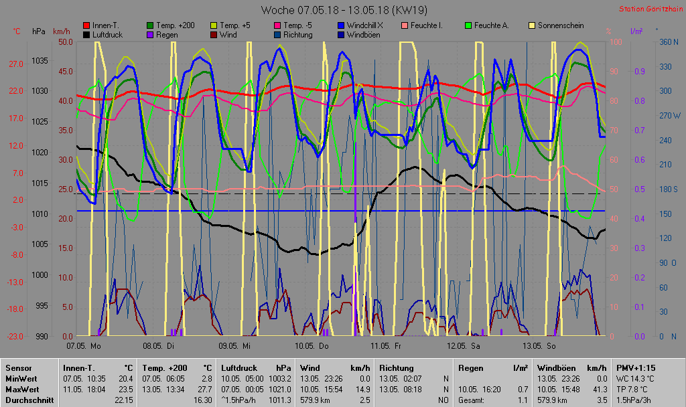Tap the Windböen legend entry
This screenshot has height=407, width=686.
tap(364, 35)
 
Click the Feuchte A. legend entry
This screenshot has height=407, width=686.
tap(491, 25)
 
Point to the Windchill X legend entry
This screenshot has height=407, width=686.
tap(365, 25)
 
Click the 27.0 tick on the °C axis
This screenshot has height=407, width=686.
tap(16, 64)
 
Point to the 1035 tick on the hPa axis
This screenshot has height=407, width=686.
tap(40, 61)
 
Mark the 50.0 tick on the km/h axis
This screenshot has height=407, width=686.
tap(65, 42)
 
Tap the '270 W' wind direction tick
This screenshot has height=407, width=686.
tap(669, 115)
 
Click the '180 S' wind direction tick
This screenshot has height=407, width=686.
tap(669, 189)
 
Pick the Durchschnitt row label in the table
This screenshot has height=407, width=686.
tap(27, 400)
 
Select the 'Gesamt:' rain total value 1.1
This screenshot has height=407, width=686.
tap(523, 400)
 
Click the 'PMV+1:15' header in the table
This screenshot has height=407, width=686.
tap(636, 368)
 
